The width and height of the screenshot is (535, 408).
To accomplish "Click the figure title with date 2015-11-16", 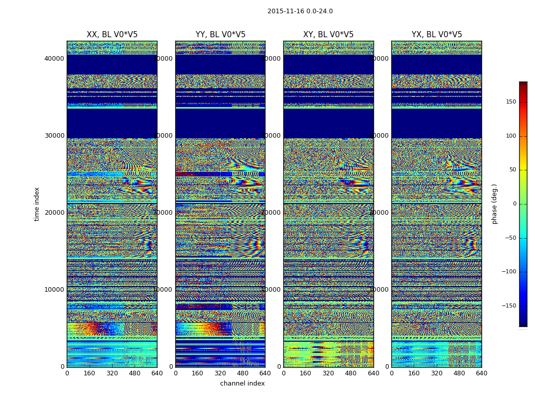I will pyautogui.click(x=300, y=11).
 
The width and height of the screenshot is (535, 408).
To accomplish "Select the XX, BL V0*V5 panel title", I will pyautogui.click(x=112, y=35).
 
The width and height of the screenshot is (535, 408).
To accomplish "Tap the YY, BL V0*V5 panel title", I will pyautogui.click(x=220, y=35).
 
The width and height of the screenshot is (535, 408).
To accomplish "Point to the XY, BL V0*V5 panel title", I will pyautogui.click(x=328, y=35).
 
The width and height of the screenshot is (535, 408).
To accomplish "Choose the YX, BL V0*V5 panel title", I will pyautogui.click(x=437, y=35).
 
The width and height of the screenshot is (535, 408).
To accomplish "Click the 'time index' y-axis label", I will pyautogui.click(x=37, y=204).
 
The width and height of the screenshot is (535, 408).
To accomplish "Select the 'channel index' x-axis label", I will pyautogui.click(x=243, y=384).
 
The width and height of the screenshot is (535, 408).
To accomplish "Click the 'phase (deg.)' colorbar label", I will pyautogui.click(x=494, y=204).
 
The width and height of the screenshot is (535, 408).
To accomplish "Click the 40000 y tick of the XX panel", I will pyautogui.click(x=54, y=59).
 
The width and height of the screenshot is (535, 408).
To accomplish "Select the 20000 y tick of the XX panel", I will pyautogui.click(x=54, y=213).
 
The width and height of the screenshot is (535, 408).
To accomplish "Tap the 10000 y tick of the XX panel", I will pyautogui.click(x=54, y=290).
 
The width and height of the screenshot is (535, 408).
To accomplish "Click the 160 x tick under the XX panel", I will pyautogui.click(x=90, y=373).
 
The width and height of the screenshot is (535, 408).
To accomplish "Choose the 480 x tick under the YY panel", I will pyautogui.click(x=243, y=373).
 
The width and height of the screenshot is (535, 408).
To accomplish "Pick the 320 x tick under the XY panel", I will pyautogui.click(x=328, y=373).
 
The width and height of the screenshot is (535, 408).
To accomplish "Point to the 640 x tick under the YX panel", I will pyautogui.click(x=481, y=373).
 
